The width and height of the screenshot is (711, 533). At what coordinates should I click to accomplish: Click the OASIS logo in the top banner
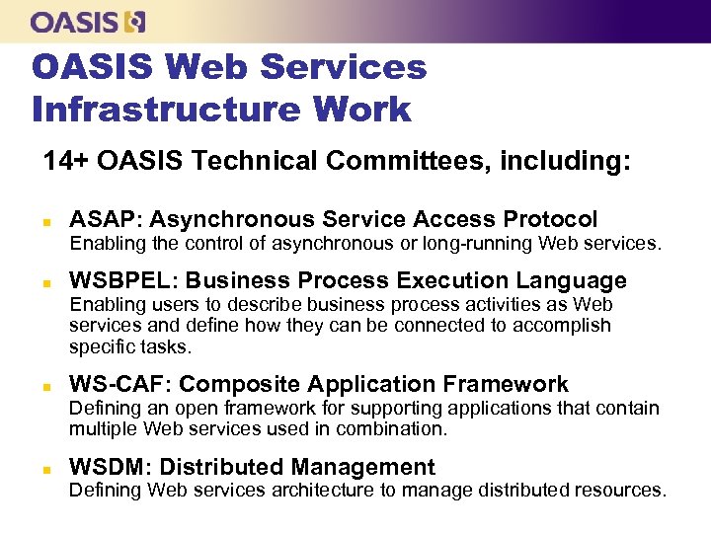[88, 21]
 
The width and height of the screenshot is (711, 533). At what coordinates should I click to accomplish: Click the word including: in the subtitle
[565, 161]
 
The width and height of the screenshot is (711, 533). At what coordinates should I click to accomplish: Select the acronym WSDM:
[110, 467]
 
